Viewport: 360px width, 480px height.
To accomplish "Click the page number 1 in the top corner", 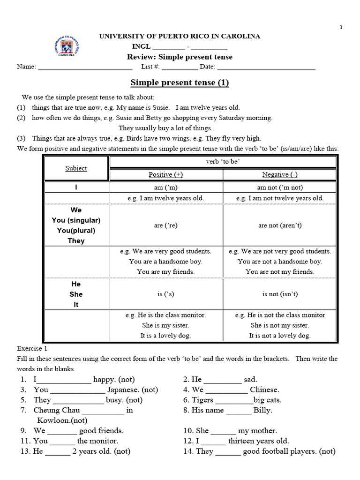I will pos(341,27).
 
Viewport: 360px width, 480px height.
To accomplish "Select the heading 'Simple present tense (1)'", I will pos(180,83).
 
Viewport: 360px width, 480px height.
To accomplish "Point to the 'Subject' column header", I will pos(76,168).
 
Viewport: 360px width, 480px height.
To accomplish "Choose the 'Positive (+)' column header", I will pos(166,174).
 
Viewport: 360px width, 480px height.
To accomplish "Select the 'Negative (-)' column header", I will pos(280,174).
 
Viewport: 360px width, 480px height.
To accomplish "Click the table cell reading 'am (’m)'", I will pos(166,187).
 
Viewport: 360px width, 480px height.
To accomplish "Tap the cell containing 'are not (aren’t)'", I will pos(280,225).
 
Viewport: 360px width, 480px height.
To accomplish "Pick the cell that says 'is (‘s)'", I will pos(166,294).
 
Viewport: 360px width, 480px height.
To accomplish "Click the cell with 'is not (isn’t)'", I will pos(280,294).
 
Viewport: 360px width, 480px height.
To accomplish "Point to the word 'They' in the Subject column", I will pos(76,241).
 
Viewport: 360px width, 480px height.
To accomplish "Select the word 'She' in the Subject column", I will pos(76,294).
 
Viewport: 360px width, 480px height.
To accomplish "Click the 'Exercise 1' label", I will pos(32,349).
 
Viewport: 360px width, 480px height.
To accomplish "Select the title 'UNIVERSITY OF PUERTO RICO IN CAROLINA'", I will pos(180,36).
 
